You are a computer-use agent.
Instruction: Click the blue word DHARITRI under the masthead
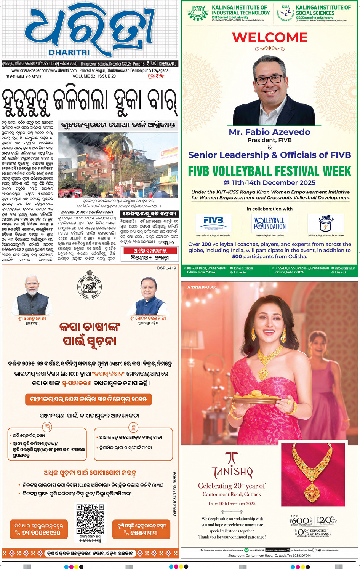69,53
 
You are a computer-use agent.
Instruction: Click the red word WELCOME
270,37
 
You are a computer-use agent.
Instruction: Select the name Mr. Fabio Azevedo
269,132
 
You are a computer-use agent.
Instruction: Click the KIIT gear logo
198,13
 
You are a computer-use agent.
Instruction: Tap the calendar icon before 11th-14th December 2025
227,182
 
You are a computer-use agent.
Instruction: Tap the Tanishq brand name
232,472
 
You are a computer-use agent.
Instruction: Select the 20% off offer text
327,520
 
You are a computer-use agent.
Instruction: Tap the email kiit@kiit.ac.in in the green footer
243,268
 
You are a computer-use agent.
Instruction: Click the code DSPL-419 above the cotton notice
166,268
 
